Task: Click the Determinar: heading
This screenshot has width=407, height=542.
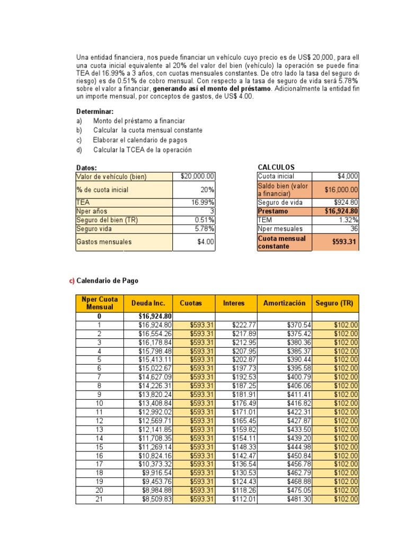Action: point(95,111)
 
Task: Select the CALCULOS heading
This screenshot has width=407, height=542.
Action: point(276,167)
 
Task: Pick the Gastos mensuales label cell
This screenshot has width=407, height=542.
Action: point(104,242)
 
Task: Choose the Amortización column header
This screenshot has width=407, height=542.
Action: point(284,303)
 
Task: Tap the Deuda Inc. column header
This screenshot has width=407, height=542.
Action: point(148,303)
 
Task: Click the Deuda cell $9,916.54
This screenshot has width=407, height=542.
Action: point(156,473)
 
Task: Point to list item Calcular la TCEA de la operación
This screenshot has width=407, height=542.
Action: point(142,150)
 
